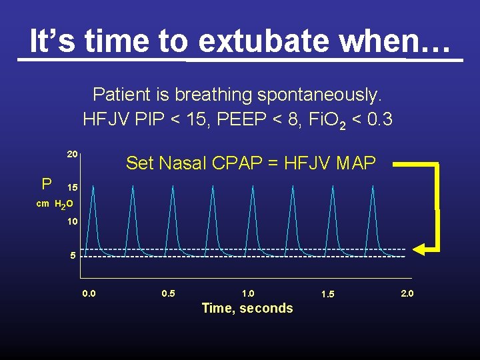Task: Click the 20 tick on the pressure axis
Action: coord(73,154)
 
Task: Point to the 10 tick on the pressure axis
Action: coord(73,221)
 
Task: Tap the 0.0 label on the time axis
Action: coord(89,293)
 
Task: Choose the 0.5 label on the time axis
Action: coord(169,293)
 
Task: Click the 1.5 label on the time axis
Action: coord(327,294)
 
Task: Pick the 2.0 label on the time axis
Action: coord(407,293)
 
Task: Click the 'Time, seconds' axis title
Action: coord(247,308)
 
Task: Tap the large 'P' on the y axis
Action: coord(47,184)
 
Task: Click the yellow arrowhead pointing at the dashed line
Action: coord(419,249)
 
